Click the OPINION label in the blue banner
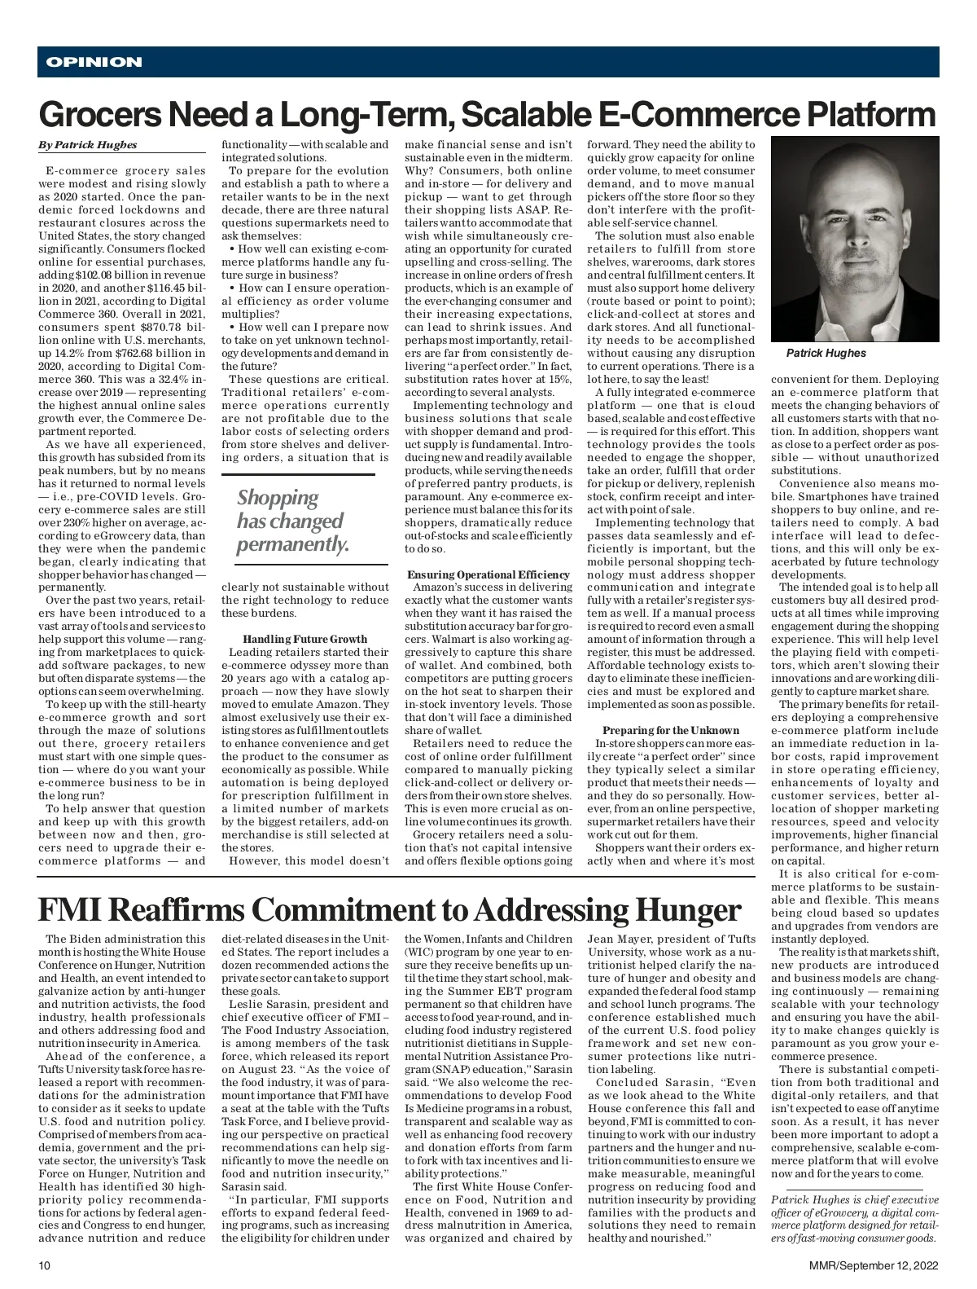[94, 62]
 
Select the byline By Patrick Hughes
[88, 145]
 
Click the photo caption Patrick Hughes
[826, 353]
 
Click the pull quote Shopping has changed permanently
[292, 521]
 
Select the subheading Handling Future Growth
[304, 640]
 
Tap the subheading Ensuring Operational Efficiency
[488, 574]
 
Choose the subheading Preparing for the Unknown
[671, 730]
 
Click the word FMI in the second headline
[68, 909]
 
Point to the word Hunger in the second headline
[691, 909]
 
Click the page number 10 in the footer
[45, 1265]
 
